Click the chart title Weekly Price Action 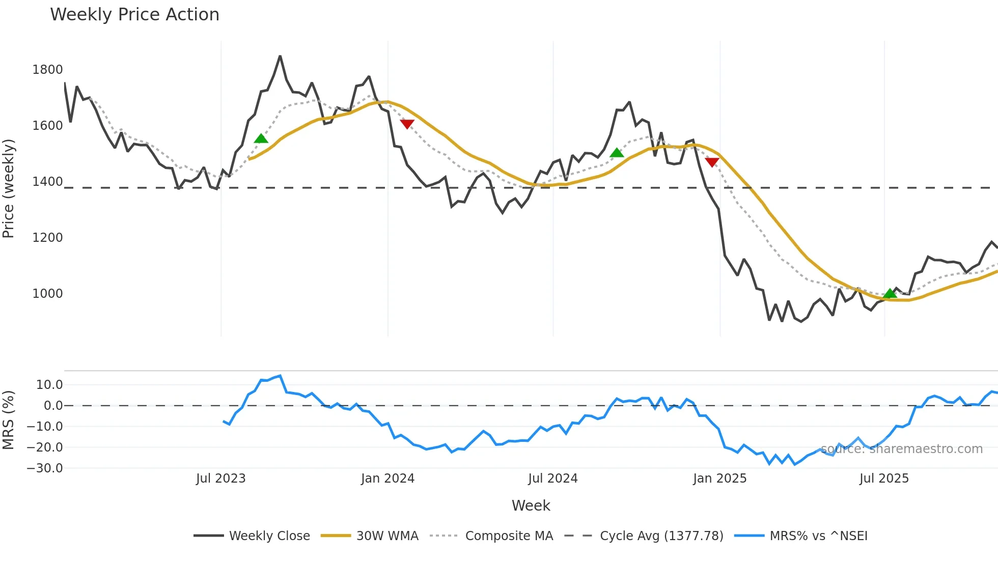pyautogui.click(x=134, y=15)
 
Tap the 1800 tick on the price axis pyautogui.click(x=47, y=70)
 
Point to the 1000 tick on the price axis pyautogui.click(x=47, y=294)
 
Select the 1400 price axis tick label pyautogui.click(x=47, y=182)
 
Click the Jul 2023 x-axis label pyautogui.click(x=220, y=479)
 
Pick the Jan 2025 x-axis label pyautogui.click(x=719, y=479)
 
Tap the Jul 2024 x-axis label pyautogui.click(x=553, y=479)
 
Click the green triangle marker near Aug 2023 pyautogui.click(x=261, y=138)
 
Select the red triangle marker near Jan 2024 pyautogui.click(x=407, y=124)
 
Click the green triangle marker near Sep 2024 pyautogui.click(x=616, y=153)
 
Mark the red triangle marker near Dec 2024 pyautogui.click(x=712, y=162)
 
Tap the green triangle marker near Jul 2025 pyautogui.click(x=890, y=293)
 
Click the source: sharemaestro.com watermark pyautogui.click(x=901, y=449)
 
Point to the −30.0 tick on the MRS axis pyautogui.click(x=45, y=468)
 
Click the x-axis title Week pyautogui.click(x=531, y=506)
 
